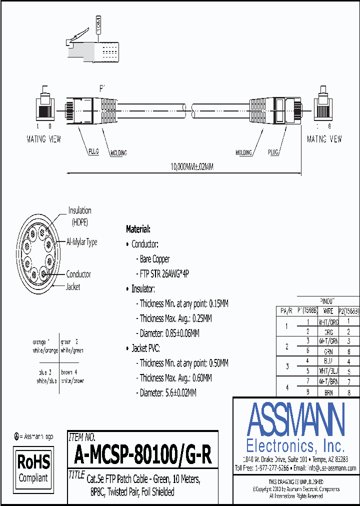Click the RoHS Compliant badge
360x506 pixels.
click(33, 467)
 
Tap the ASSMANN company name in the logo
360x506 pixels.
click(295, 419)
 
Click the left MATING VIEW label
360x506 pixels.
click(43, 139)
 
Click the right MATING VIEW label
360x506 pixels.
click(324, 139)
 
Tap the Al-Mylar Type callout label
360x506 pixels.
click(81, 242)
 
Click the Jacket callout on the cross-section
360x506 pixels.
click(73, 287)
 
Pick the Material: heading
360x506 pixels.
click(138, 229)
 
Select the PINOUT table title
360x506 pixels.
click(327, 301)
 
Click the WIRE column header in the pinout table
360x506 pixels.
click(328, 311)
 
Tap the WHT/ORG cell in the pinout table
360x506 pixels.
click(328, 321)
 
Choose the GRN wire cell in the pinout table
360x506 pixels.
click(328, 351)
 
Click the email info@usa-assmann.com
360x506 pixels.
click(331, 468)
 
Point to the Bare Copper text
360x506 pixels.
click(154, 259)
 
